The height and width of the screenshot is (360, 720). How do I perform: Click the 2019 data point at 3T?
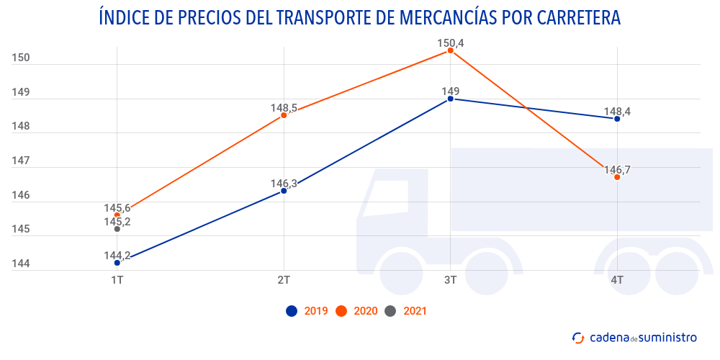pyautogui.click(x=450, y=99)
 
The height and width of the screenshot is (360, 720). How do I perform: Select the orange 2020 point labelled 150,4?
pyautogui.click(x=450, y=50)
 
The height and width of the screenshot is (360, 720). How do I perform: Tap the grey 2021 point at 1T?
pyautogui.click(x=117, y=229)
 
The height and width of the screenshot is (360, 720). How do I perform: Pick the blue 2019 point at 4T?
pyautogui.click(x=617, y=119)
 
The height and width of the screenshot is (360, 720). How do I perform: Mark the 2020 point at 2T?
pyautogui.click(x=284, y=115)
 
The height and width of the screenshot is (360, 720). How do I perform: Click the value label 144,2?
pyautogui.click(x=117, y=255)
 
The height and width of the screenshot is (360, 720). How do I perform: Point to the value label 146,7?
pyautogui.click(x=617, y=170)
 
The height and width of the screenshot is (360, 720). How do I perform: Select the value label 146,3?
pyautogui.click(x=284, y=184)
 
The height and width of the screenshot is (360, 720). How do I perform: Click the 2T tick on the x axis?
pyautogui.click(x=284, y=279)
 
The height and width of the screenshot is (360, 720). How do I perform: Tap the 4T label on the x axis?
pyautogui.click(x=617, y=279)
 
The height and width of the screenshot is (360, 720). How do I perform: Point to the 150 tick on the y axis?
pyautogui.click(x=21, y=58)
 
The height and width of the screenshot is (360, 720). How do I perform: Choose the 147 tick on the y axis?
pyautogui.click(x=21, y=161)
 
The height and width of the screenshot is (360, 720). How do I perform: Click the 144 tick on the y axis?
pyautogui.click(x=21, y=264)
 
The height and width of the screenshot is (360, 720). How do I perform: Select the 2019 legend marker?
pyautogui.click(x=292, y=311)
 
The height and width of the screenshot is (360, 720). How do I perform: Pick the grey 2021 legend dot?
pyautogui.click(x=390, y=311)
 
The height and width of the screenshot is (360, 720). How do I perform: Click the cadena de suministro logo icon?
pyautogui.click(x=577, y=337)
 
